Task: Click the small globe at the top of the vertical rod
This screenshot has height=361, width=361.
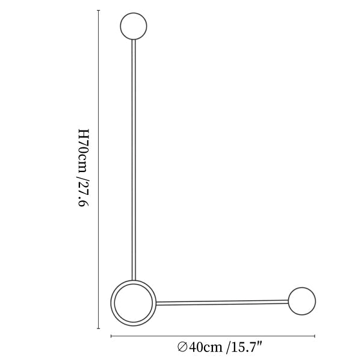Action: point(134,26)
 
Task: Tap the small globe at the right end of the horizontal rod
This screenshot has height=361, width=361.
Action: point(302,301)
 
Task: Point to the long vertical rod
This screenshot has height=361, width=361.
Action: point(134,160)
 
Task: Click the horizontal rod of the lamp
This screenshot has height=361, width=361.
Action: point(222,303)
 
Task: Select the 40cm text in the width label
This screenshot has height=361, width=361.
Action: point(206,347)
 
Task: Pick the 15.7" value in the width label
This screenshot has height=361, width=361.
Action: point(246,347)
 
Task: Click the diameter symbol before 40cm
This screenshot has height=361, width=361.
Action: point(182,347)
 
